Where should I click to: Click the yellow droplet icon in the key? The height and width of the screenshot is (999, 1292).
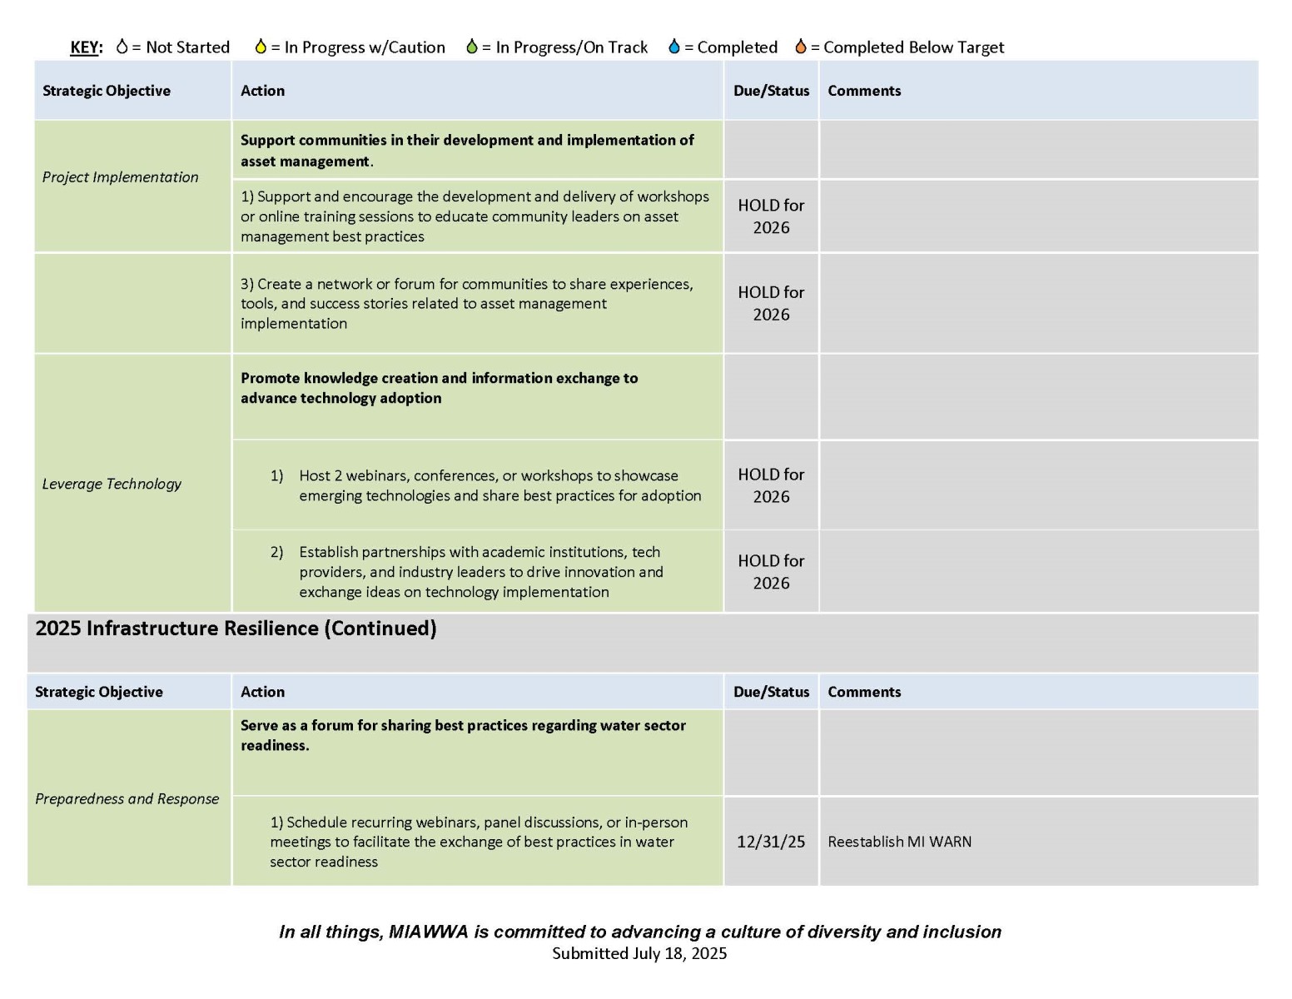pyautogui.click(x=261, y=47)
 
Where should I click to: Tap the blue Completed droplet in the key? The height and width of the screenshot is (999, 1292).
pyautogui.click(x=673, y=47)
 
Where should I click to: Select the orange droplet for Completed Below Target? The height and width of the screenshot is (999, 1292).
pyautogui.click(x=801, y=47)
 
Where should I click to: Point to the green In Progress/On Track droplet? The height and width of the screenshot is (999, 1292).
pyautogui.click(x=472, y=47)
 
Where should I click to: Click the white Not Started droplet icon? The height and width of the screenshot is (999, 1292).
pyautogui.click(x=122, y=47)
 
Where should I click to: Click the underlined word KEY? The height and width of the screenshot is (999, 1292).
pyautogui.click(x=86, y=47)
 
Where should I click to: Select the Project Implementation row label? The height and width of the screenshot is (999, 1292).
pyautogui.click(x=121, y=177)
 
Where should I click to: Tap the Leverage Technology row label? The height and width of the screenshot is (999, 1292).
pyautogui.click(x=112, y=484)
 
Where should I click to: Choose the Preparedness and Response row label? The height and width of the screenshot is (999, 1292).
pyautogui.click(x=127, y=798)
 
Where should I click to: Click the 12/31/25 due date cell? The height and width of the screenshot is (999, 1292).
pyautogui.click(x=771, y=842)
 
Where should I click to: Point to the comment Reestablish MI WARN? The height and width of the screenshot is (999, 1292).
pyautogui.click(x=899, y=842)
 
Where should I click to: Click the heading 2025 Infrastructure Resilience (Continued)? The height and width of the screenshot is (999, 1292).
pyautogui.click(x=236, y=629)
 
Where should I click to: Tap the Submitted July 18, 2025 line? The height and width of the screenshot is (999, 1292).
pyautogui.click(x=639, y=953)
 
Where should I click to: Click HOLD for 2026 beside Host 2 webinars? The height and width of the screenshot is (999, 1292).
pyautogui.click(x=771, y=485)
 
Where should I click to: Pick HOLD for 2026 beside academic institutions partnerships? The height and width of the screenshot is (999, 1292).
pyautogui.click(x=771, y=572)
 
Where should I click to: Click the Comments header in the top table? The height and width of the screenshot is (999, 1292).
pyautogui.click(x=864, y=91)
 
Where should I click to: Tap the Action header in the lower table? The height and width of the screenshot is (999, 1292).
pyautogui.click(x=262, y=692)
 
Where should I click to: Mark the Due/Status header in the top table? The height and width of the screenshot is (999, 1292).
pyautogui.click(x=771, y=91)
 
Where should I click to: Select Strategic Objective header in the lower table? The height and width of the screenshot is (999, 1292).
pyautogui.click(x=99, y=692)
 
